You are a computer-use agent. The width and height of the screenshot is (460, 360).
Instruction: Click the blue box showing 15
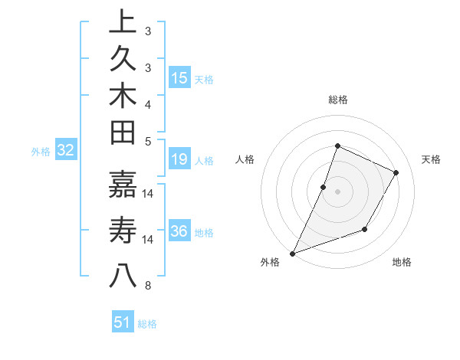click(x=179, y=77)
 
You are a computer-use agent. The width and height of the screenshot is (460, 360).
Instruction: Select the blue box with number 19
click(x=179, y=159)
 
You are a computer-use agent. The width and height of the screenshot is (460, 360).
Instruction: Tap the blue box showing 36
click(x=179, y=231)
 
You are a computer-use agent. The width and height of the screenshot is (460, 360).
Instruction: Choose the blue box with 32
click(x=66, y=150)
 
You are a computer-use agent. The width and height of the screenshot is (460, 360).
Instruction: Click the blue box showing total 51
click(x=123, y=322)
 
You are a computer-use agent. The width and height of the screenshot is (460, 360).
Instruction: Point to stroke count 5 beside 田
click(x=148, y=140)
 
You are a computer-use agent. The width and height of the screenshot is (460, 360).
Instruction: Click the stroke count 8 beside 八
click(x=148, y=286)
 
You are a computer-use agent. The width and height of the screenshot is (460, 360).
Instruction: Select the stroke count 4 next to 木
click(x=148, y=103)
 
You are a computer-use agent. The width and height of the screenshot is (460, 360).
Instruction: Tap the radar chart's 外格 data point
click(x=292, y=254)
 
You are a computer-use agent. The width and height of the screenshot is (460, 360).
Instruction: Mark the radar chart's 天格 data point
click(x=396, y=173)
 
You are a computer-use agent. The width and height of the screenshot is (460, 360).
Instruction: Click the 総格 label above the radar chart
click(x=337, y=100)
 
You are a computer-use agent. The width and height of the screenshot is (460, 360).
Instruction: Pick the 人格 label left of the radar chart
click(x=245, y=159)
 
